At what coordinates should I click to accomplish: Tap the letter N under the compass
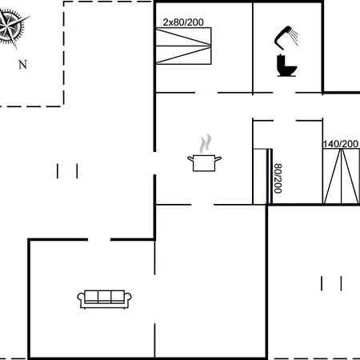click(x=23, y=65)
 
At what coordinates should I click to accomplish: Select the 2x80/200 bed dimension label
click(x=183, y=22)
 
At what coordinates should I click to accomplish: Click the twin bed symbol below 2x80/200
click(x=183, y=46)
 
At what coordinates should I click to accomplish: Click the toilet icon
click(x=286, y=66)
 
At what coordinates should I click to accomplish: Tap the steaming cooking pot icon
click(x=204, y=162)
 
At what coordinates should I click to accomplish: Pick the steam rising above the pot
click(x=206, y=143)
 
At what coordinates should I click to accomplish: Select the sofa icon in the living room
click(x=104, y=299)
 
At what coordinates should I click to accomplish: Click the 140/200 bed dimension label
click(x=341, y=144)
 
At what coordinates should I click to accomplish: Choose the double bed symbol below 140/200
click(x=342, y=176)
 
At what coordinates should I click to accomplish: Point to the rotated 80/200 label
click(x=278, y=178)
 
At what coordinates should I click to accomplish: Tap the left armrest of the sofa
click(x=81, y=299)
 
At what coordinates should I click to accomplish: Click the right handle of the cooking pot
click(x=218, y=159)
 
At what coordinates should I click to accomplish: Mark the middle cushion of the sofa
click(x=104, y=296)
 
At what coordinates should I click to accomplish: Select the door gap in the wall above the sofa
click(x=99, y=239)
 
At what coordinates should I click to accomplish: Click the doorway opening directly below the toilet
click(x=284, y=93)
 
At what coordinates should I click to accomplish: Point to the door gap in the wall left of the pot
click(x=154, y=163)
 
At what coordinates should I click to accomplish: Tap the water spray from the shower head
click(x=294, y=38)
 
